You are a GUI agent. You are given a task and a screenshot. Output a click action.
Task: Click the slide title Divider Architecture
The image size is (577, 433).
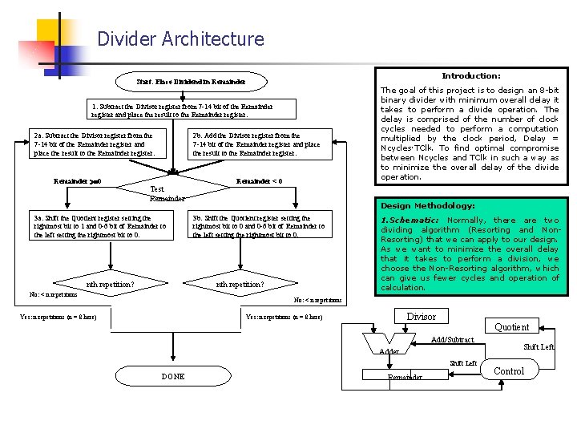(x=180, y=38)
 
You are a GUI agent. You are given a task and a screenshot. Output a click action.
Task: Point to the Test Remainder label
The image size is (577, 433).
(x=167, y=194)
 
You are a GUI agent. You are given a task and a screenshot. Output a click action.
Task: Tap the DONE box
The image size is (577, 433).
(x=173, y=376)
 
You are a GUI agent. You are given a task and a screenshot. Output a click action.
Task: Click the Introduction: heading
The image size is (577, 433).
(x=470, y=75)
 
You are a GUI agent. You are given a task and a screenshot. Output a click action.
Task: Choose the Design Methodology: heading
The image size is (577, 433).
(x=428, y=206)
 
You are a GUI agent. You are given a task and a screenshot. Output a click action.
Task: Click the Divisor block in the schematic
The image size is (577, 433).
(x=422, y=317)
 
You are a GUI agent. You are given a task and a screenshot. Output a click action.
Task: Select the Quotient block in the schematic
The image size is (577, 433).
(x=511, y=326)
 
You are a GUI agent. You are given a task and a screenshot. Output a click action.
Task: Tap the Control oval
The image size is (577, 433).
(x=509, y=371)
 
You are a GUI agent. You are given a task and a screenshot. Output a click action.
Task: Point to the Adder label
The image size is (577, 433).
(x=389, y=351)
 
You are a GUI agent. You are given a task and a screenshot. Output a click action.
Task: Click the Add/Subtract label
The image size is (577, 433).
(x=453, y=340)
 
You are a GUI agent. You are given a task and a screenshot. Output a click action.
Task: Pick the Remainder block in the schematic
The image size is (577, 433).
(x=405, y=377)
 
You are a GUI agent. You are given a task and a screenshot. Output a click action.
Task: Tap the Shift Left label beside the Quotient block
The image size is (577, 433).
(x=539, y=347)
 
